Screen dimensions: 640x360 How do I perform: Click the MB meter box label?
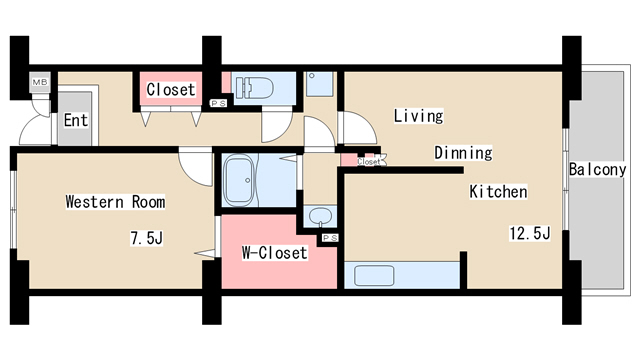point(40,82)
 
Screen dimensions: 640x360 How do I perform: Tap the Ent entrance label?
point(76,120)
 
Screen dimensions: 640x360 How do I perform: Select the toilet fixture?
point(254,88)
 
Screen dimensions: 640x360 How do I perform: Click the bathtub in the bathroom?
point(240,180)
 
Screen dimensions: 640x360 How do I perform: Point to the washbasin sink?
point(320,216)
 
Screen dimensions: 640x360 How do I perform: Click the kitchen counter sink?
point(374,276)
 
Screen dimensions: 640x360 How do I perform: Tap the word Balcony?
point(598,169)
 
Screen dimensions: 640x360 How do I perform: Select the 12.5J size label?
point(530,233)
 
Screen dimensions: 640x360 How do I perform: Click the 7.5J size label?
point(147,238)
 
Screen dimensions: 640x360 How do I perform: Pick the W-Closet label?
point(274,253)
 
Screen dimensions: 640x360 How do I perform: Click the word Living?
point(418,116)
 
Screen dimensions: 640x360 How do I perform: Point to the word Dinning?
point(463,153)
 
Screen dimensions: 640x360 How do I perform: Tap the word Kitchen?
point(498,191)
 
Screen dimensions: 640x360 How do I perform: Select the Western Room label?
point(115,202)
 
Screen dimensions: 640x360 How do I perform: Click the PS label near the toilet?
point(218,104)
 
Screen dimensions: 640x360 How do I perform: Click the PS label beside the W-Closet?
point(330,238)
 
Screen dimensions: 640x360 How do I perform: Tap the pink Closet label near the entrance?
point(171,89)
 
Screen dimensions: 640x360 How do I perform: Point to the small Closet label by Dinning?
point(369,162)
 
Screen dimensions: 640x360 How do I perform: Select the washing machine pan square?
point(320,84)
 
